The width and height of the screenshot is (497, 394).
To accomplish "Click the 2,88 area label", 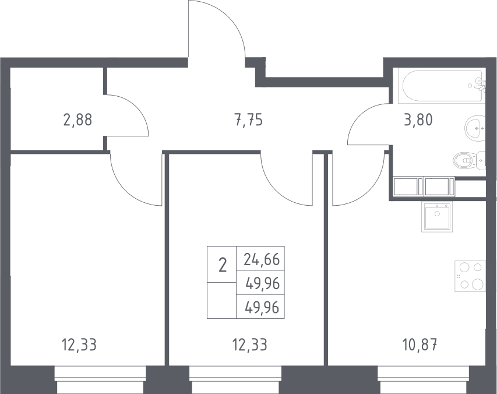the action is [x=77, y=120].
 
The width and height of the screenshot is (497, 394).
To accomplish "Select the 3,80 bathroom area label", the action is [x=418, y=120].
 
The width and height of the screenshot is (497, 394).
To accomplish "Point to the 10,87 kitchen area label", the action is [x=420, y=344].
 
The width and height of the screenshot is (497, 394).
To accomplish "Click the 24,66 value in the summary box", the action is [x=262, y=259].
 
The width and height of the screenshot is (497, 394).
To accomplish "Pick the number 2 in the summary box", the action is [x=223, y=265].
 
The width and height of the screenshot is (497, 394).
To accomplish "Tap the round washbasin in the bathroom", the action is [x=475, y=128].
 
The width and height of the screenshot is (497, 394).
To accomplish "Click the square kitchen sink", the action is [x=437, y=216].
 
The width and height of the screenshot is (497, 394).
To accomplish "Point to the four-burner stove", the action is [x=470, y=276].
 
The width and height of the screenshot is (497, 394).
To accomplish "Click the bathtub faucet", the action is [x=480, y=85].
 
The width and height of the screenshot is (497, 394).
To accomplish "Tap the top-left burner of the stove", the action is [x=464, y=268].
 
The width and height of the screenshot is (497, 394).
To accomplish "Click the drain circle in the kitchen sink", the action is [x=438, y=214].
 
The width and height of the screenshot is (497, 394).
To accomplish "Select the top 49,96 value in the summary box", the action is [x=262, y=283].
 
